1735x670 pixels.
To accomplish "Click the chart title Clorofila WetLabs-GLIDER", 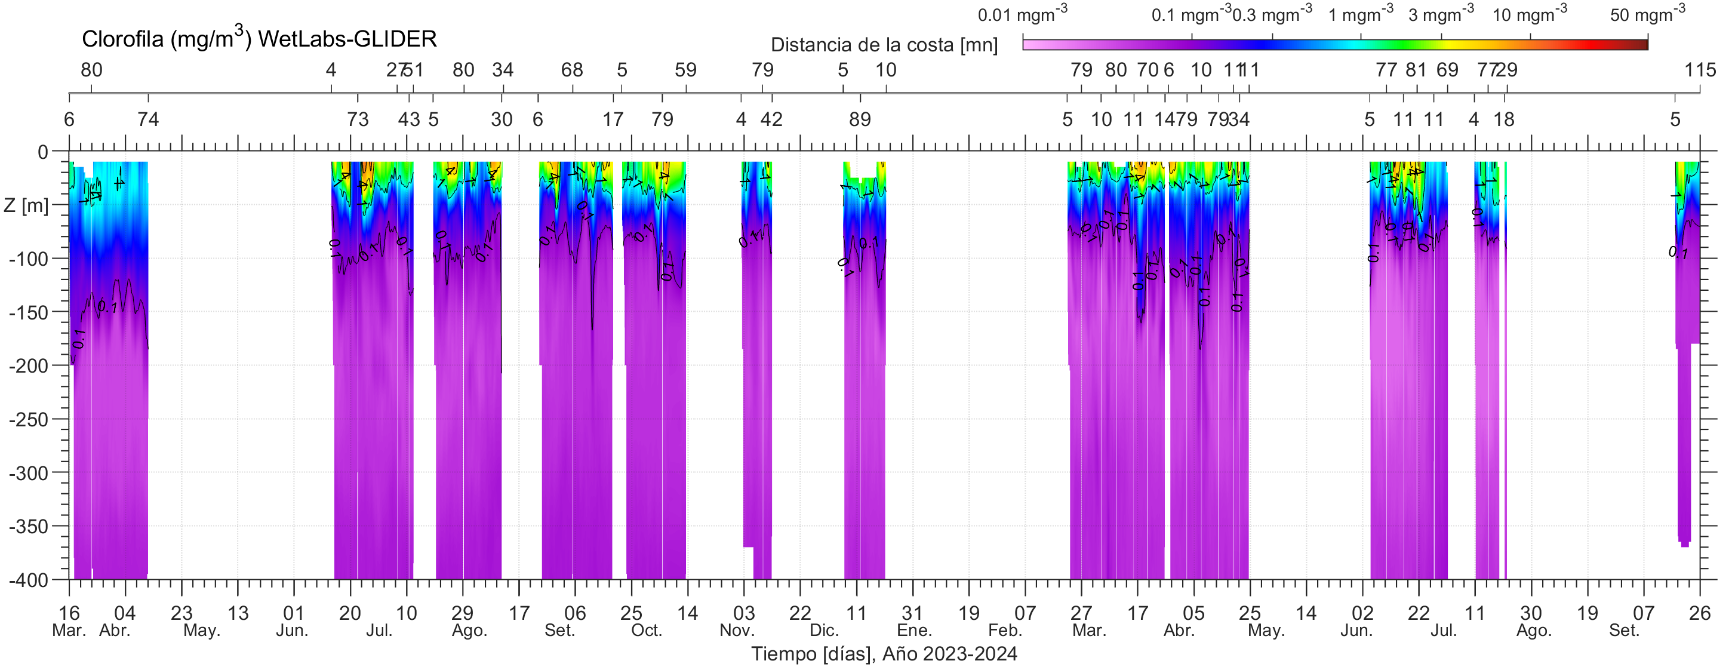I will click(x=259, y=38).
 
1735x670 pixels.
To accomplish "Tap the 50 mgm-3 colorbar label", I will click(x=1647, y=14).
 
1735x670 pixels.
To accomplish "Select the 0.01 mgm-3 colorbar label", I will click(x=1022, y=14).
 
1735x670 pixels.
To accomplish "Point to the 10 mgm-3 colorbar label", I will click(x=1529, y=14).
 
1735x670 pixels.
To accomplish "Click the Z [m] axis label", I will click(x=26, y=205).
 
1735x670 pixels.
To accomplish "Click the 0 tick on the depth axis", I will click(x=42, y=152).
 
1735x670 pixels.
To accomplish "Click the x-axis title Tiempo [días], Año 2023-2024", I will click(x=884, y=654).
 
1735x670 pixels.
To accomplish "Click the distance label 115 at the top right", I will click(x=1700, y=70).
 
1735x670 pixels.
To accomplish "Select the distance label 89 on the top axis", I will click(x=859, y=120).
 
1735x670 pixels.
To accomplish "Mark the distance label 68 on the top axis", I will click(x=572, y=70).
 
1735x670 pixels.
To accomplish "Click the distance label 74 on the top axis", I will click(x=148, y=120).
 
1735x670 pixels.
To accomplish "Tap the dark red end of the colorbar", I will click(x=1644, y=44).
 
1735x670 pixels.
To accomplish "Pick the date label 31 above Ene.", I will click(x=913, y=613).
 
